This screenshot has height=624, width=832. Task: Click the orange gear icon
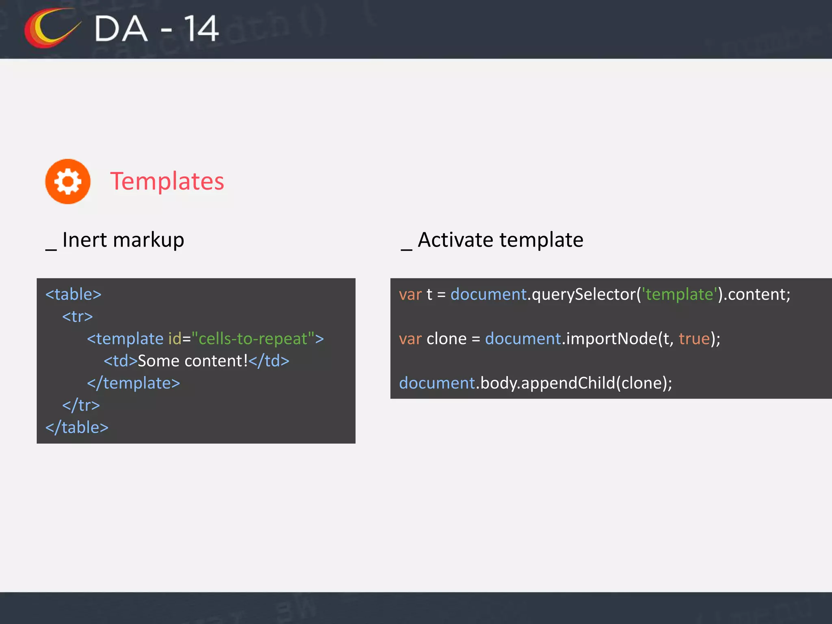click(68, 181)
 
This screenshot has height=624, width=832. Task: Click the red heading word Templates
click(167, 181)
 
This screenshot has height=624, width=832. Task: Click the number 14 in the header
click(201, 29)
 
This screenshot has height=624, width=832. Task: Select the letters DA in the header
click(121, 29)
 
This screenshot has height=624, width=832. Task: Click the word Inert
click(84, 240)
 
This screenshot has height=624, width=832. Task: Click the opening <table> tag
click(74, 294)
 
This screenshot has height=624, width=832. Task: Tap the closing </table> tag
click(77, 427)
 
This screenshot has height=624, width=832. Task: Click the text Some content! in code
click(193, 361)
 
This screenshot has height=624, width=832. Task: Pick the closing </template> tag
click(134, 383)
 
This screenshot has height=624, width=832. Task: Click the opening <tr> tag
click(78, 316)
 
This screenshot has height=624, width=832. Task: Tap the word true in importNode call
click(694, 339)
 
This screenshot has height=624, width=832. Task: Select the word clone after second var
click(446, 339)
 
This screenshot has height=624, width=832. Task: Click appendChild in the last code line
click(568, 383)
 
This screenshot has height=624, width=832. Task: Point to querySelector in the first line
click(584, 294)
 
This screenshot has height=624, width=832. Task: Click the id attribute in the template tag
click(174, 339)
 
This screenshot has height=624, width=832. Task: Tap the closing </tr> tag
click(81, 405)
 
